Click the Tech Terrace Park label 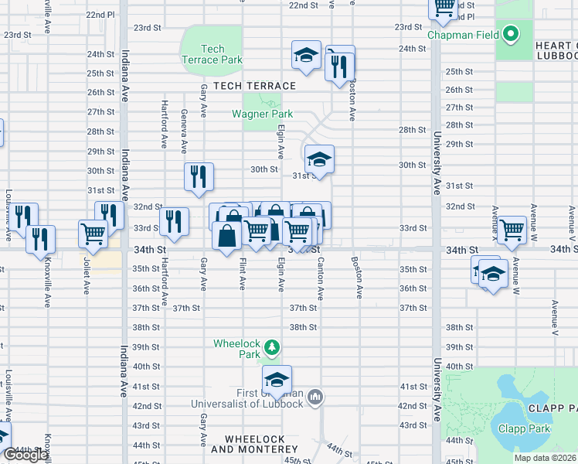212,54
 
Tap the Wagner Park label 263,114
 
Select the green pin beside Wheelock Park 271,346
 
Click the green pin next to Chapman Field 510,34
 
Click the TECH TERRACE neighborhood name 254,86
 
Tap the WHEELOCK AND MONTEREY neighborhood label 248,444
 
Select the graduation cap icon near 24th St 306,55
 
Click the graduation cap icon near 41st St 277,379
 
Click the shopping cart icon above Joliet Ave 93,232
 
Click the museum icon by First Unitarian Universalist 315,397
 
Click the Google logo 25,455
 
